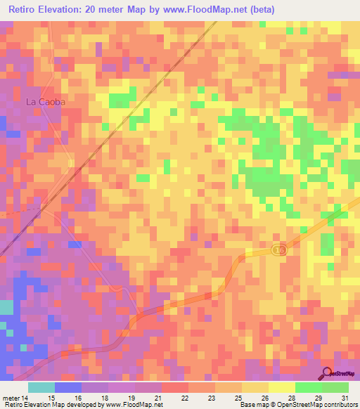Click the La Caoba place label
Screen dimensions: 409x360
click(x=46, y=102)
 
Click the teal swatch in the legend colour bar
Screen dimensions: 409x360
click(x=41, y=387)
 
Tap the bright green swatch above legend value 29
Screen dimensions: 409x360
click(x=308, y=387)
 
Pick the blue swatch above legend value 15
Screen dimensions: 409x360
click(x=68, y=387)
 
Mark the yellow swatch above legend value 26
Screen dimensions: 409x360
click(x=255, y=387)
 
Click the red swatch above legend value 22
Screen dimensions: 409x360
click(x=175, y=387)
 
